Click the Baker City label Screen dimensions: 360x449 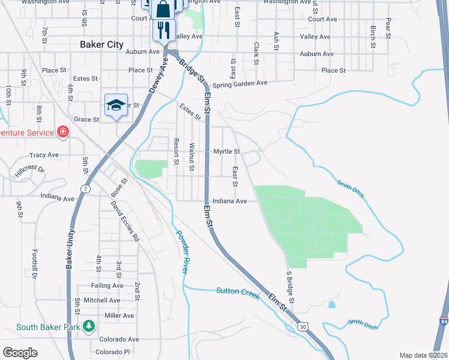click(x=101, y=44)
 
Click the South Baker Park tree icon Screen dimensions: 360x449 click(x=89, y=326)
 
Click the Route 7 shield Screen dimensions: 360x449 click(x=86, y=189)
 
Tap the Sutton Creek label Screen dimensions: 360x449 click(x=238, y=292)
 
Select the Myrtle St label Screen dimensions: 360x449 click(x=227, y=152)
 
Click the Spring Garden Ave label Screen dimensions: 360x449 click(x=239, y=83)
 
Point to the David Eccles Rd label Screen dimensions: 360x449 click(x=124, y=221)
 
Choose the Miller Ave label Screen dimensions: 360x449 click(x=119, y=316)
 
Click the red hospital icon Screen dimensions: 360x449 click(x=62, y=131)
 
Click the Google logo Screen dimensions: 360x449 click(x=20, y=353)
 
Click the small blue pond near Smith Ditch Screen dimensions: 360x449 click(x=332, y=304)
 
